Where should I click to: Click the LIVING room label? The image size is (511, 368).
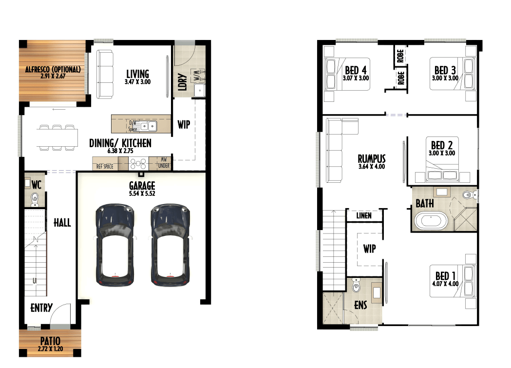137,74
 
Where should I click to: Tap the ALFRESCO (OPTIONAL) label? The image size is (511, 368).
53,69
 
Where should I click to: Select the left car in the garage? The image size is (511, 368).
114,245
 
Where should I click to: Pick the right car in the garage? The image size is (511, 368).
170,245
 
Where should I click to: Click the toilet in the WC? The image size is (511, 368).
35,199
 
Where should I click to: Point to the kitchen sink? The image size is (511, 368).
149,126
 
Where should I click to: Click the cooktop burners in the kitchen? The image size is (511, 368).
138,164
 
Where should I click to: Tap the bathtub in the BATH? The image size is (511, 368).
431,221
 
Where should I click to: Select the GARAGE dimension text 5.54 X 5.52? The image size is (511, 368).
142,194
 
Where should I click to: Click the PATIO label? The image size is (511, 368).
50,341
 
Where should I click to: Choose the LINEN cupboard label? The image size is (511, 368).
364,215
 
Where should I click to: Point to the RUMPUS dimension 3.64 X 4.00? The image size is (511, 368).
372,166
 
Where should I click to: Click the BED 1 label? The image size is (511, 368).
446,276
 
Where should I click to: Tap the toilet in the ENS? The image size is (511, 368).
356,286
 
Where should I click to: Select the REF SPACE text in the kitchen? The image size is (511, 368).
105,167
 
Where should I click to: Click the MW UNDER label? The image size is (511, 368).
164,163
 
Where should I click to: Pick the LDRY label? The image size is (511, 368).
183,82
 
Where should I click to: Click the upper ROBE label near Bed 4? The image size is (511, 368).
400,56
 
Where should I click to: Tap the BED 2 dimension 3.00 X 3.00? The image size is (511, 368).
442,153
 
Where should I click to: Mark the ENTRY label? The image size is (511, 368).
41,308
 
